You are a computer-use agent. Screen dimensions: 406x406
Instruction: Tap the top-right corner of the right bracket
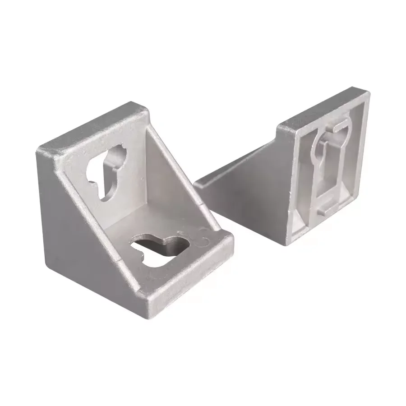click(368, 92)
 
